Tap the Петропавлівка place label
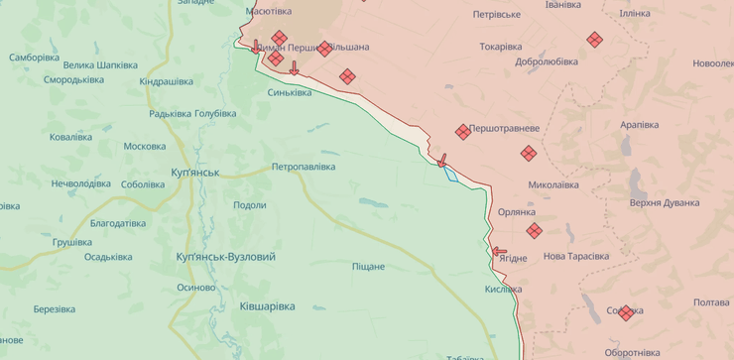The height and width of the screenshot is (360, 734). click(x=304, y=167)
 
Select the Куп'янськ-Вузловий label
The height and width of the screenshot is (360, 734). click(x=225, y=257)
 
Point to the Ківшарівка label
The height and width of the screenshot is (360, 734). click(x=267, y=306)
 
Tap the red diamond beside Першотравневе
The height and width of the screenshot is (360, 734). click(x=463, y=131)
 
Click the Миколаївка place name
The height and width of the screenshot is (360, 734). click(x=553, y=184)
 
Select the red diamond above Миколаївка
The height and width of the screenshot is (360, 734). click(x=528, y=153)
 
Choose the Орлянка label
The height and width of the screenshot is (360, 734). click(x=517, y=212)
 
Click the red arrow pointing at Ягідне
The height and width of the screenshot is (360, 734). click(x=499, y=252)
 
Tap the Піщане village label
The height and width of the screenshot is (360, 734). click(x=368, y=266)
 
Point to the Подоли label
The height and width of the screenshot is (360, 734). click(x=249, y=205)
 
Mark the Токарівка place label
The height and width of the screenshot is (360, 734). click(x=501, y=47)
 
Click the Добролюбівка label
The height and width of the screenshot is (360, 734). click(x=547, y=61)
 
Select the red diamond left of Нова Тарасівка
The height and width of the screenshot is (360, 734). click(x=535, y=231)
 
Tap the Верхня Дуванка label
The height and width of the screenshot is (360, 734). click(x=665, y=202)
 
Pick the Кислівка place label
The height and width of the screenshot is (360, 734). click(x=503, y=289)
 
